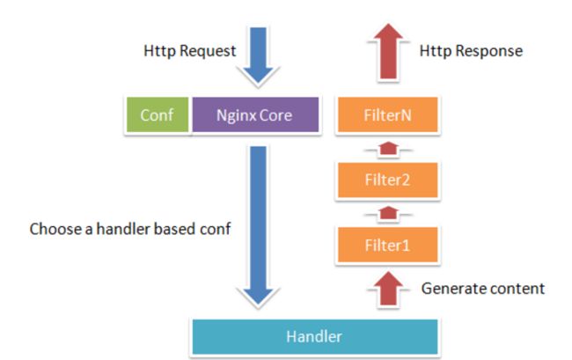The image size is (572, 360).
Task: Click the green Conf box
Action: pyautogui.click(x=158, y=114)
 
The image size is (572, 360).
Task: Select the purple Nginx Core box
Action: pyautogui.click(x=255, y=114)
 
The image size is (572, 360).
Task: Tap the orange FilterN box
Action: pyautogui.click(x=388, y=114)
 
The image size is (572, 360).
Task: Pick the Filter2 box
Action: pyautogui.click(x=388, y=180)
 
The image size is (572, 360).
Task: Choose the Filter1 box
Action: pyautogui.click(x=388, y=245)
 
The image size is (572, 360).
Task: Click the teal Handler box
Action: pyautogui.click(x=315, y=336)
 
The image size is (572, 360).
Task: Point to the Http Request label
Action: pyautogui.click(x=190, y=51)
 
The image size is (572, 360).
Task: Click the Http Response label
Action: pyautogui.click(x=471, y=51)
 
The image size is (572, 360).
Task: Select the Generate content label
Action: pyautogui.click(x=482, y=289)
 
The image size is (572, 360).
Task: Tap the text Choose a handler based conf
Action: pyautogui.click(x=130, y=229)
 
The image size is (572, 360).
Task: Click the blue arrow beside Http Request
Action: pyautogui.click(x=258, y=55)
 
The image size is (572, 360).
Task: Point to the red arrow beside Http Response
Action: pyautogui.click(x=388, y=51)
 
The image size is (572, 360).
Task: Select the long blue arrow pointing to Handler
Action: pyautogui.click(x=258, y=225)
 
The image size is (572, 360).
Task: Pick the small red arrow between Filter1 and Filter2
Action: pyautogui.click(x=388, y=213)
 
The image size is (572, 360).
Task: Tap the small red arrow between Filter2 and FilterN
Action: pyautogui.click(x=388, y=149)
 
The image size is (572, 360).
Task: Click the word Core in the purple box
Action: pyautogui.click(x=275, y=115)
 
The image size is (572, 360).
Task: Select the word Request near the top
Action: pyautogui.click(x=208, y=52)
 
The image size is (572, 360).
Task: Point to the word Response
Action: pyautogui.click(x=489, y=52)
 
